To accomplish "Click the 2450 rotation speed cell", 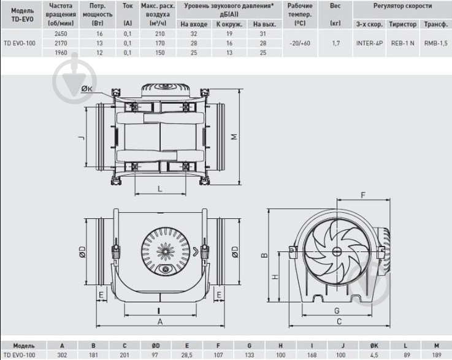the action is point(61,34).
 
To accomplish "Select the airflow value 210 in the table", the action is point(159,34).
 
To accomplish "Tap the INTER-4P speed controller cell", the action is point(369,43).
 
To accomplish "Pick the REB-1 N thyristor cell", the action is point(403,43).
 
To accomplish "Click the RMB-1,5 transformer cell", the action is point(436,43).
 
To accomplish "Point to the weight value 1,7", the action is point(335,43).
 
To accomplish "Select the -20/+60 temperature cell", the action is point(300,43).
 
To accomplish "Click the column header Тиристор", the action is point(403,25).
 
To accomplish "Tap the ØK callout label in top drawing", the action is point(86,89).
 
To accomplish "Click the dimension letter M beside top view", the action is point(235,136).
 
